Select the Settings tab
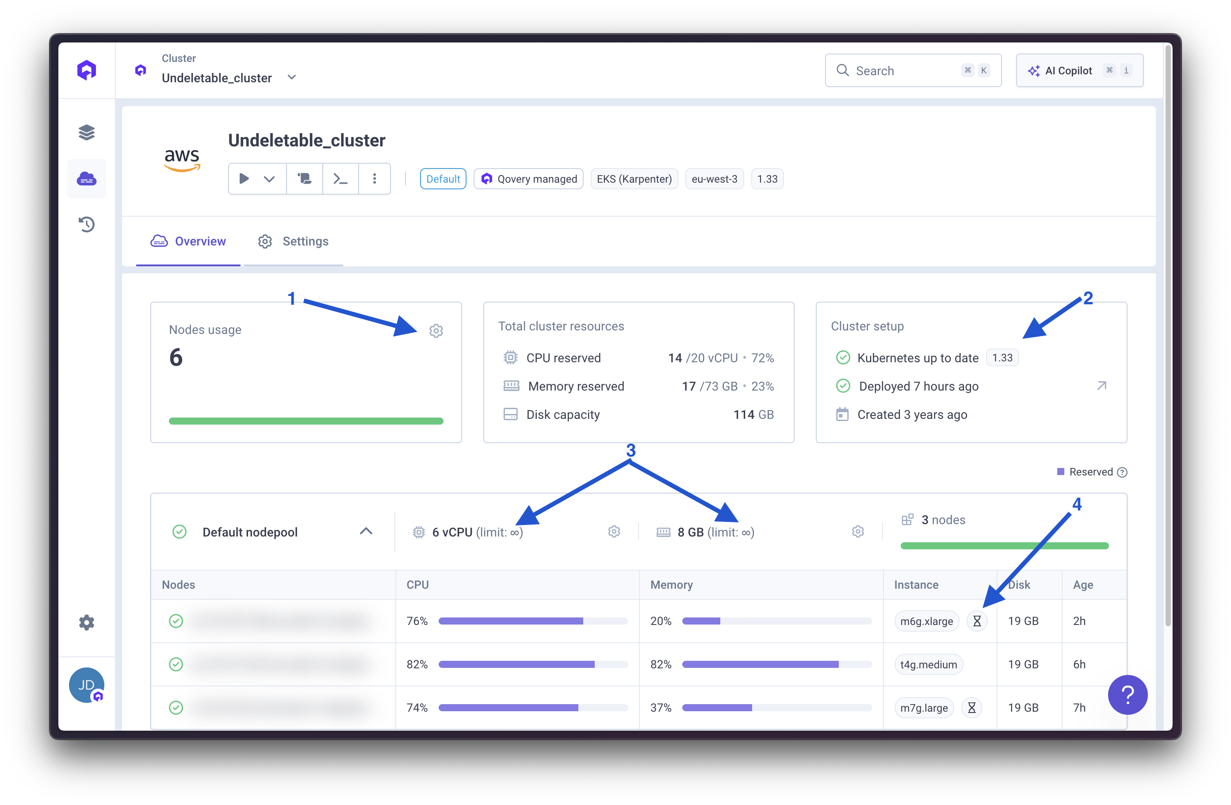point(293,241)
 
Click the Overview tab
point(188,241)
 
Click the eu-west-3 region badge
point(714,179)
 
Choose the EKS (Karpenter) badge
point(634,179)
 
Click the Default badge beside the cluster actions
point(443,179)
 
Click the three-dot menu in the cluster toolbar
point(375,179)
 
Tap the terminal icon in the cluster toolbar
point(340,179)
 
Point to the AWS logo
point(182,159)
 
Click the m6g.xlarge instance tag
point(926,621)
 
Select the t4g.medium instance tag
point(928,665)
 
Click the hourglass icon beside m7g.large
point(971,708)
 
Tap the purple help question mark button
point(1127,695)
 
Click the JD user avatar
point(86,685)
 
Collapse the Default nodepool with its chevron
point(366,532)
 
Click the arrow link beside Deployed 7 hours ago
point(1101,386)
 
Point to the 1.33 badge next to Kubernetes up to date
point(1002,358)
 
